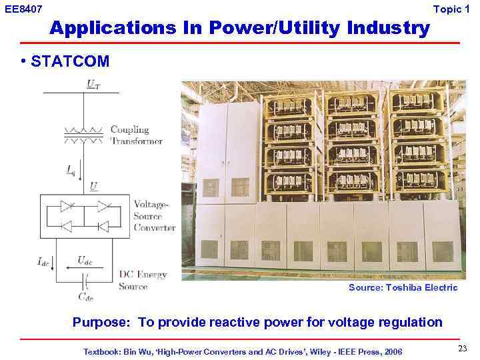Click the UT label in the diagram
point(93,85)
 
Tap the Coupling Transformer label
point(136,135)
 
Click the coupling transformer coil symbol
point(83,134)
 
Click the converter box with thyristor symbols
point(83,217)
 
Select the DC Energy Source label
point(143,281)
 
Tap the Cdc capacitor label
point(86,296)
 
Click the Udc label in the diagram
point(85,259)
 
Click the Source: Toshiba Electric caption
point(403,287)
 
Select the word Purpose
point(101,323)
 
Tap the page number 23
point(463,349)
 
